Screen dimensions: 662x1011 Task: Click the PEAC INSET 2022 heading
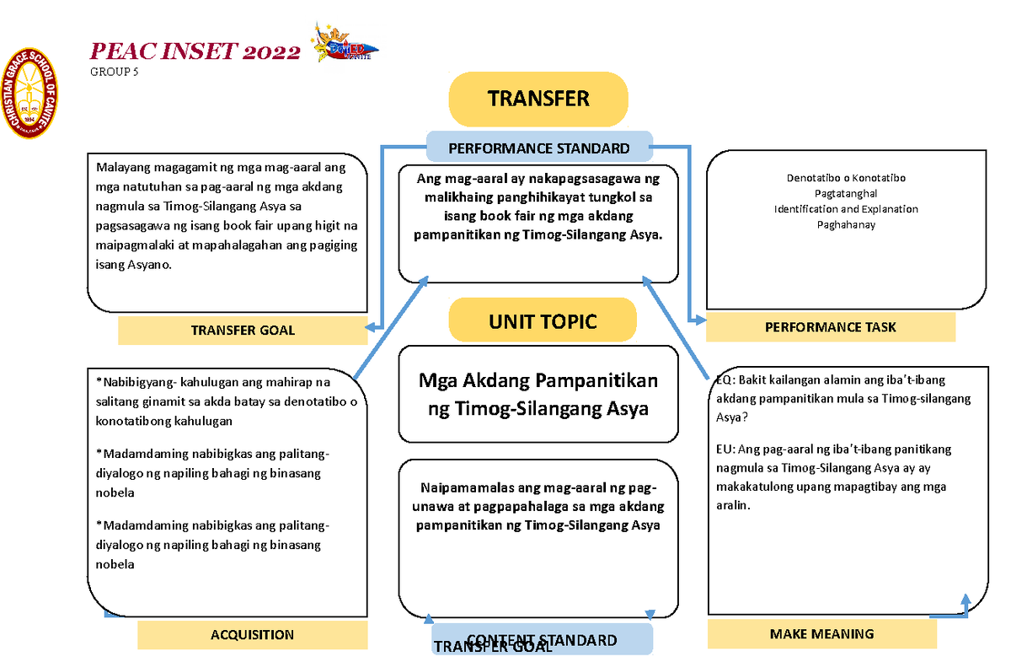(x=195, y=52)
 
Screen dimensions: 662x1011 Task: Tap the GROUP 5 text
(x=115, y=73)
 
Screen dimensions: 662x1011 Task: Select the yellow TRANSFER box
(x=538, y=99)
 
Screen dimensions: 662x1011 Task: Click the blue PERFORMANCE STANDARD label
(x=539, y=148)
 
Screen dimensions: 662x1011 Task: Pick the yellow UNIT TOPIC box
(x=542, y=321)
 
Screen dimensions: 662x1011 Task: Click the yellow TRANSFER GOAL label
(x=243, y=330)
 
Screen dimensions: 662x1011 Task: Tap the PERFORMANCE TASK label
(x=830, y=327)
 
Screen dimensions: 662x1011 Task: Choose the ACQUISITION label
(x=252, y=635)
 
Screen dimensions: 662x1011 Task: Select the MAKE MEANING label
(x=821, y=634)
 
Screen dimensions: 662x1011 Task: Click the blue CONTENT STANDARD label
(x=542, y=640)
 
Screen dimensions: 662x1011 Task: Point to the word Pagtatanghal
(x=846, y=194)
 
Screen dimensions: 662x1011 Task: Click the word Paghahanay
(x=846, y=224)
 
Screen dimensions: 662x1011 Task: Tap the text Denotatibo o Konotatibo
(x=846, y=179)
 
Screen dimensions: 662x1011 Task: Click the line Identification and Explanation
(x=846, y=209)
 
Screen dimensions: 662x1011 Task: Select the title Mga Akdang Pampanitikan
(x=538, y=381)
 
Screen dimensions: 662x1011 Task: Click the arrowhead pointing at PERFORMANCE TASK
(x=698, y=320)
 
